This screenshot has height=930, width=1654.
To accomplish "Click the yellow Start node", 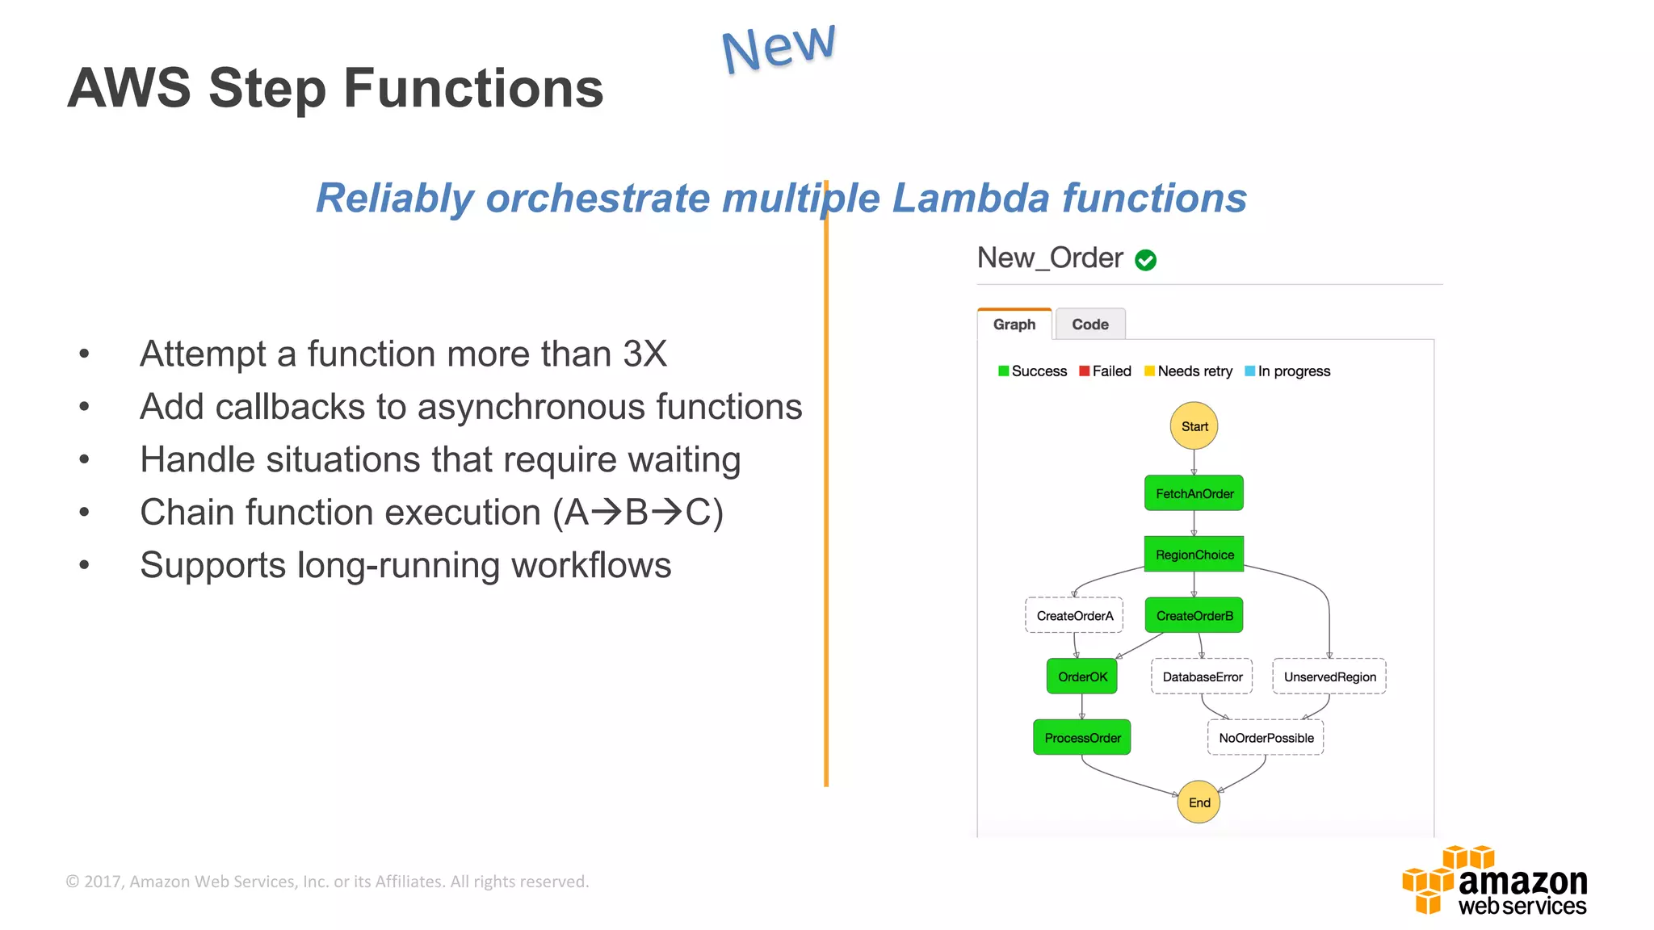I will tap(1194, 425).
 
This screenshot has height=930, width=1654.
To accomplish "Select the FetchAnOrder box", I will tap(1194, 493).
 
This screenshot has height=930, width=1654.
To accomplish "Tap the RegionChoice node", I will tap(1194, 555).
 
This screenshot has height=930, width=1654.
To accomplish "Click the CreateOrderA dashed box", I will tap(1074, 616).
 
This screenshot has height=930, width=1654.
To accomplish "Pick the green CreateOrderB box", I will tap(1194, 616).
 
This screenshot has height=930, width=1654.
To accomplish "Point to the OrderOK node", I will tap(1082, 677).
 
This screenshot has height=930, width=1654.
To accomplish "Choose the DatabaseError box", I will tap(1202, 677).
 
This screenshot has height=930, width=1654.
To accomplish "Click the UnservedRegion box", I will tap(1329, 677).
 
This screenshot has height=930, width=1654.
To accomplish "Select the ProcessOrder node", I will tap(1082, 738).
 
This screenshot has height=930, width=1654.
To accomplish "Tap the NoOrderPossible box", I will tap(1266, 738).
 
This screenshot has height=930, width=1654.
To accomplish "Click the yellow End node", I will tap(1199, 802).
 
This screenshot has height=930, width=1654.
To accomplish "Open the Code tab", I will tap(1089, 325).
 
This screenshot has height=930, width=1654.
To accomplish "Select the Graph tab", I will tap(1014, 325).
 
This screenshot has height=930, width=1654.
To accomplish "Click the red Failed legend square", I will tap(1085, 371).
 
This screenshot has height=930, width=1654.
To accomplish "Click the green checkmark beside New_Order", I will tap(1145, 260).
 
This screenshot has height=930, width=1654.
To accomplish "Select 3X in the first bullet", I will tap(644, 354).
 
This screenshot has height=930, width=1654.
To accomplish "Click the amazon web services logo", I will tap(1496, 881).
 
